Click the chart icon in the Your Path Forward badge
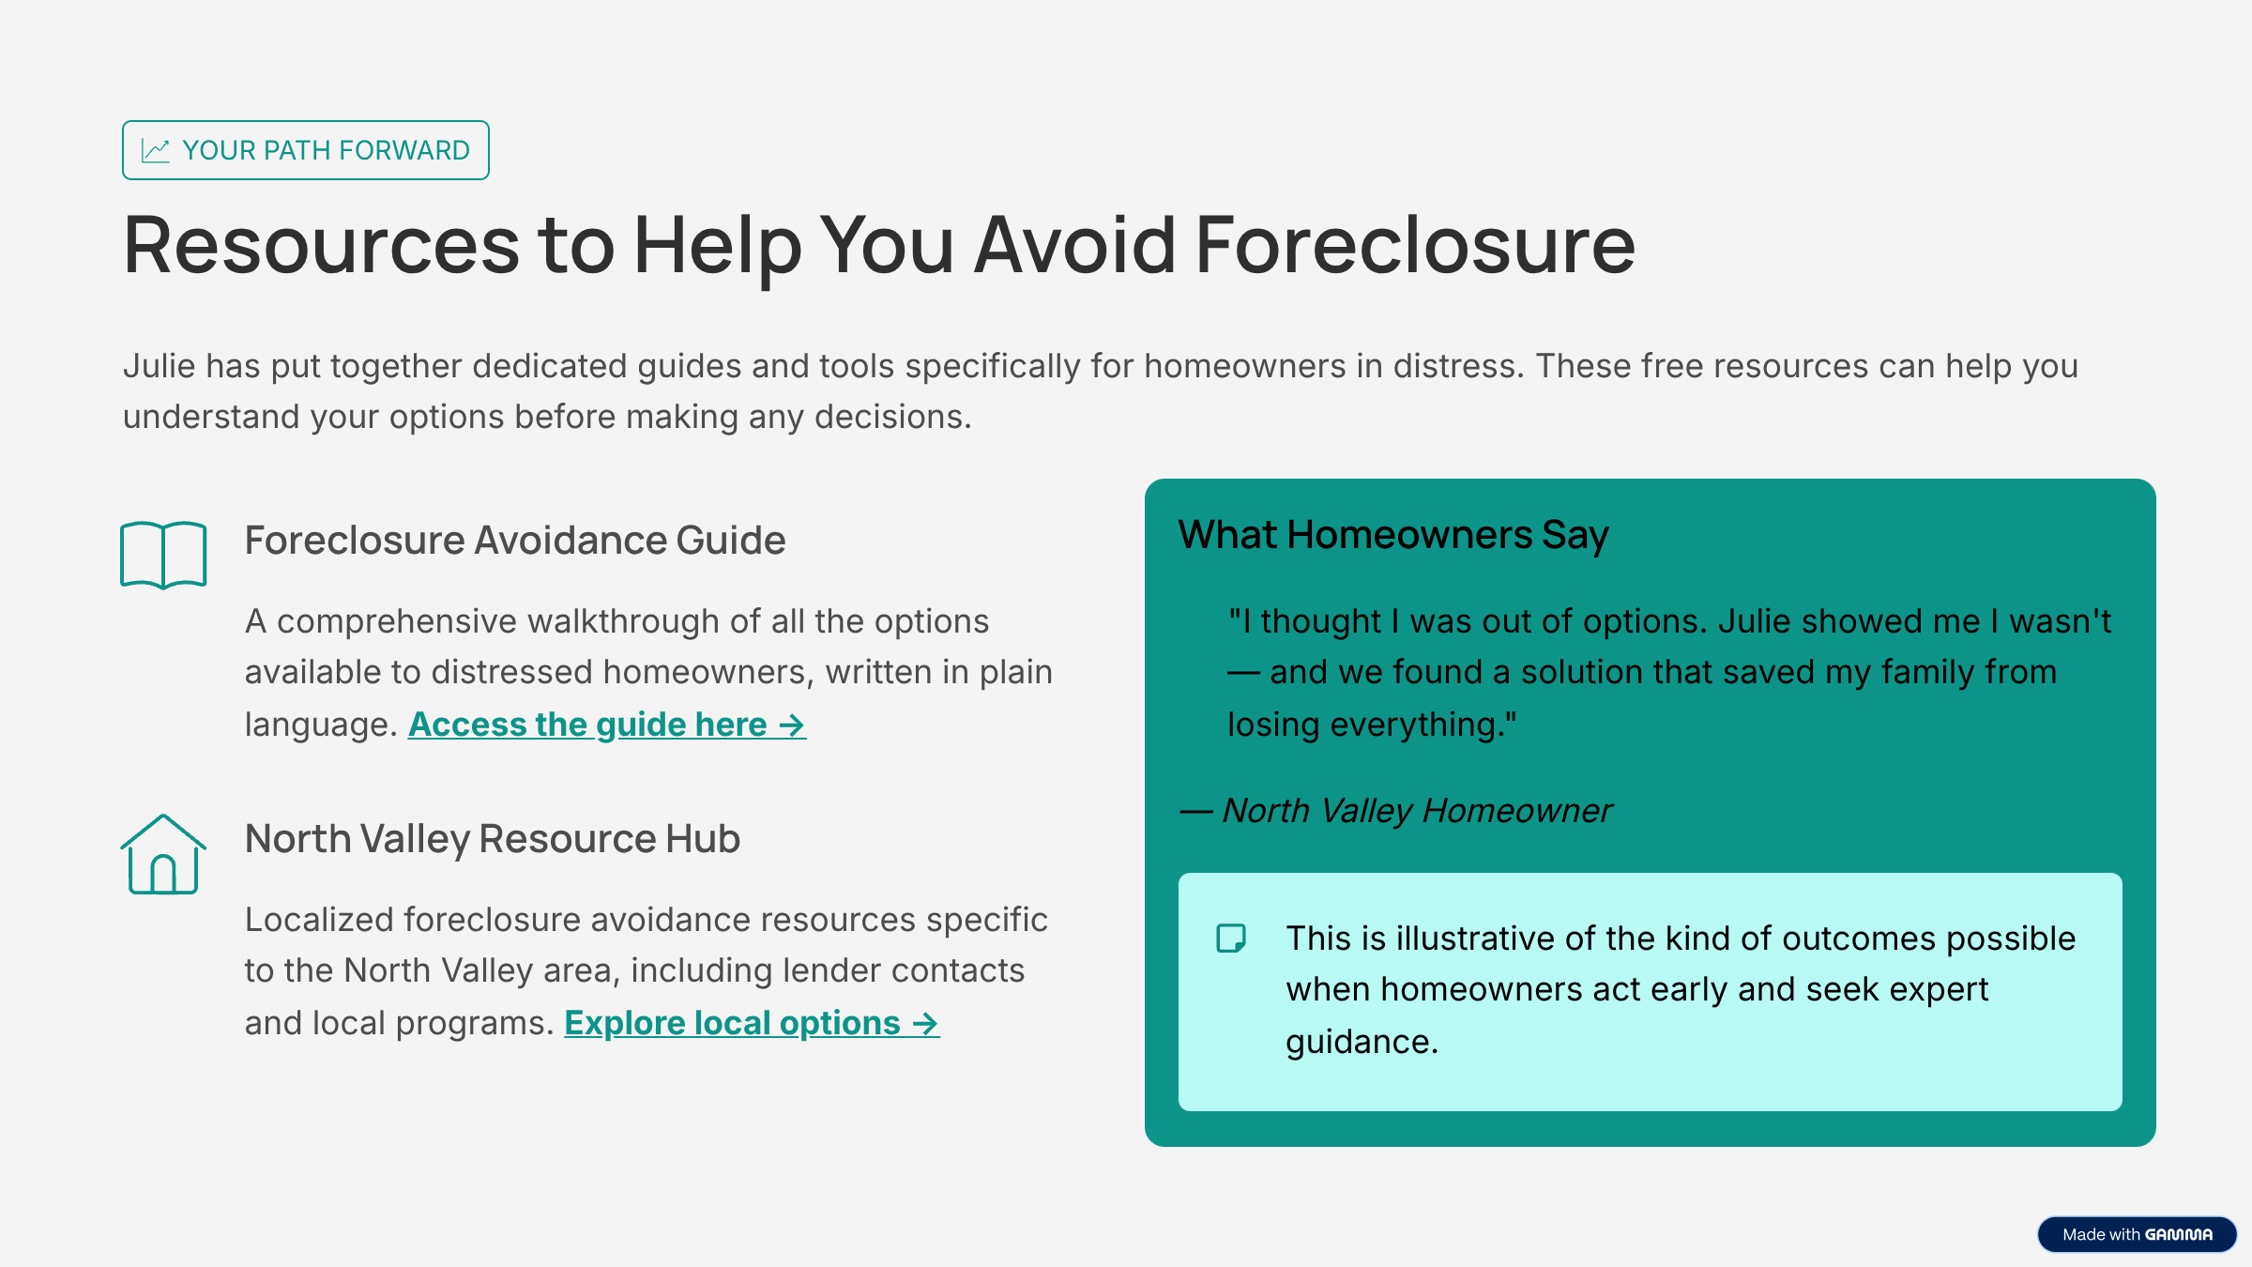point(156,150)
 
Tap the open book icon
point(163,555)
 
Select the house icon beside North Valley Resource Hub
point(163,854)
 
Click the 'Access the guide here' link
point(606,725)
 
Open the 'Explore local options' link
point(751,1023)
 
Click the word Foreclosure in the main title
point(1414,246)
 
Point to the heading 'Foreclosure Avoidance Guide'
point(515,541)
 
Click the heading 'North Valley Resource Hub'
point(493,839)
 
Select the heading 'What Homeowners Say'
point(1393,535)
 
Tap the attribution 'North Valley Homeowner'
point(1417,811)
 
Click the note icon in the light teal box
point(1231,939)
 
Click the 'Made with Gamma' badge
point(2137,1234)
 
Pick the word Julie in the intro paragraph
point(159,366)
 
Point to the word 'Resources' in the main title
point(321,246)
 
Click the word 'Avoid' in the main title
point(1075,246)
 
